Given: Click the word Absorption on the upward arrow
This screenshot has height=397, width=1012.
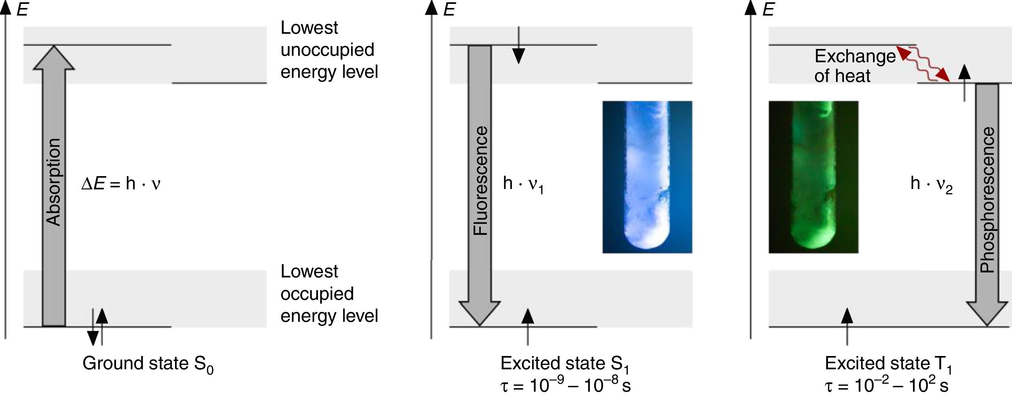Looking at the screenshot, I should pos(54,182).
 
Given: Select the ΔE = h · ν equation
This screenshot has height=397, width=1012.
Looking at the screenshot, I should pos(121,184).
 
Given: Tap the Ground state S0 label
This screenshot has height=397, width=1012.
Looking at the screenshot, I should pos(148,364).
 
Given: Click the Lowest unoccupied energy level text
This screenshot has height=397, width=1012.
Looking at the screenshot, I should pos(329,50).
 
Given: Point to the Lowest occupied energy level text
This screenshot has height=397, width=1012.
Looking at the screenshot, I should pos(329,294).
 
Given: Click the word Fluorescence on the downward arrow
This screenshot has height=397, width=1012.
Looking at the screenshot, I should pos(480,181).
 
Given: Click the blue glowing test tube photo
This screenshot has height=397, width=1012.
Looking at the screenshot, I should pos(647,177).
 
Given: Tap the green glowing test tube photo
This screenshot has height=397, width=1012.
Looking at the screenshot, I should pos(813,177).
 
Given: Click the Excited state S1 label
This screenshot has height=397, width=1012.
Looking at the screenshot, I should pos(565,364).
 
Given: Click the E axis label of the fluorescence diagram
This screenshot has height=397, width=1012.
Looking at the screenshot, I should pos(449,9).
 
